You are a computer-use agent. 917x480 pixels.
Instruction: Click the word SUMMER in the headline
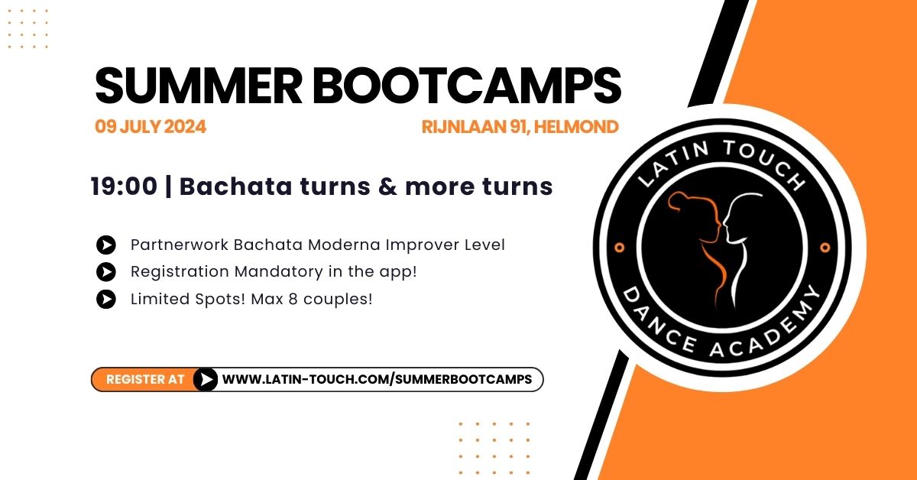pyautogui.click(x=199, y=86)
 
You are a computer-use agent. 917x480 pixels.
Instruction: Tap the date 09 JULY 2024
pyautogui.click(x=151, y=127)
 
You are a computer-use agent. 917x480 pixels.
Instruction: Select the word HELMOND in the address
pyautogui.click(x=576, y=127)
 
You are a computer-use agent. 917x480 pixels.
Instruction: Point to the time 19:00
pyautogui.click(x=124, y=186)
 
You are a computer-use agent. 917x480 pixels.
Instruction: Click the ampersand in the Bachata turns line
pyautogui.click(x=387, y=186)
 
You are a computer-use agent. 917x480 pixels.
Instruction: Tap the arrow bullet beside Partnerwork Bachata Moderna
pyautogui.click(x=106, y=245)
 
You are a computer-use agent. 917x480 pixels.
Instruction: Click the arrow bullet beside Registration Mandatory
pyautogui.click(x=106, y=272)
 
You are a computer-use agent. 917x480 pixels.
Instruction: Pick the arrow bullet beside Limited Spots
pyautogui.click(x=106, y=299)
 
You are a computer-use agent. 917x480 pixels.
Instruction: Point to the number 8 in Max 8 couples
pyautogui.click(x=293, y=299)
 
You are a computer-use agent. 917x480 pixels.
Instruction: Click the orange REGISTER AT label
pyautogui.click(x=145, y=379)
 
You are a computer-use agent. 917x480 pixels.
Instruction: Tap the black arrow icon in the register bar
pyautogui.click(x=206, y=380)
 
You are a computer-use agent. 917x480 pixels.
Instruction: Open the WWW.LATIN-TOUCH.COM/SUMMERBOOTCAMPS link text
pyautogui.click(x=377, y=379)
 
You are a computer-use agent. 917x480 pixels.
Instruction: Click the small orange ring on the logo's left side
pyautogui.click(x=620, y=248)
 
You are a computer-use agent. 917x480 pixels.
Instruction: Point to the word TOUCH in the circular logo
pyautogui.click(x=765, y=163)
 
